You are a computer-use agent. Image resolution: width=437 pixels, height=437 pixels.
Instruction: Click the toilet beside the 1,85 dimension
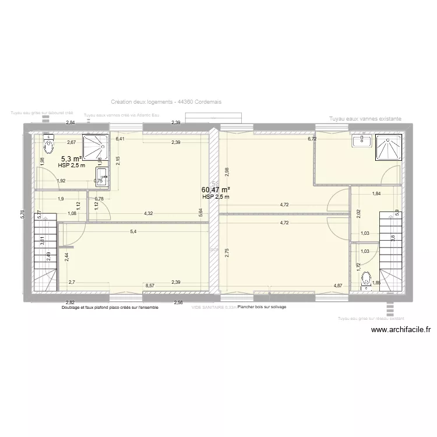pyautogui.click(x=366, y=280)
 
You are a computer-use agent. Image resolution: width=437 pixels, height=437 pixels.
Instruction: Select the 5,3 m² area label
pyautogui.click(x=71, y=158)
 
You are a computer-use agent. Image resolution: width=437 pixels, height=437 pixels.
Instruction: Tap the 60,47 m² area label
pyautogui.click(x=216, y=189)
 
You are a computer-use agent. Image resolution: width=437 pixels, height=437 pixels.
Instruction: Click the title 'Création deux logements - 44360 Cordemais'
pyautogui.click(x=166, y=101)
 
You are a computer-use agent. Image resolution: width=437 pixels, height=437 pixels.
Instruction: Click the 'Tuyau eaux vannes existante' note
pyautogui.click(x=365, y=119)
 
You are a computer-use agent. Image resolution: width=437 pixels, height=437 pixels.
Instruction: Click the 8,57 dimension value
pyautogui.click(x=150, y=286)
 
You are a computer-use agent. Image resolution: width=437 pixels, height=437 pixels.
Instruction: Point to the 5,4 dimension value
pyautogui.click(x=133, y=232)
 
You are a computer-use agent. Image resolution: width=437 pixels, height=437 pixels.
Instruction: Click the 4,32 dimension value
pyautogui.click(x=149, y=214)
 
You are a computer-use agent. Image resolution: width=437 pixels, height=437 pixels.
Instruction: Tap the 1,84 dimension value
pyautogui.click(x=376, y=193)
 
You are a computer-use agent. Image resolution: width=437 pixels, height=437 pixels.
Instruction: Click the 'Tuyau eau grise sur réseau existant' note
pyautogui.click(x=371, y=319)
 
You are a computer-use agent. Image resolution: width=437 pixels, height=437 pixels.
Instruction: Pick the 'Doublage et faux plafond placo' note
pyautogui.click(x=110, y=307)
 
